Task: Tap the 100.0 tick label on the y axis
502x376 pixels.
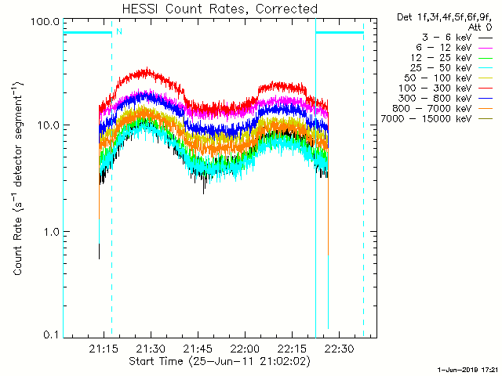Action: point(46,21)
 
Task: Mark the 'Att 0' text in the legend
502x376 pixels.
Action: point(479,26)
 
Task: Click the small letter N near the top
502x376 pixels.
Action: point(119,31)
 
